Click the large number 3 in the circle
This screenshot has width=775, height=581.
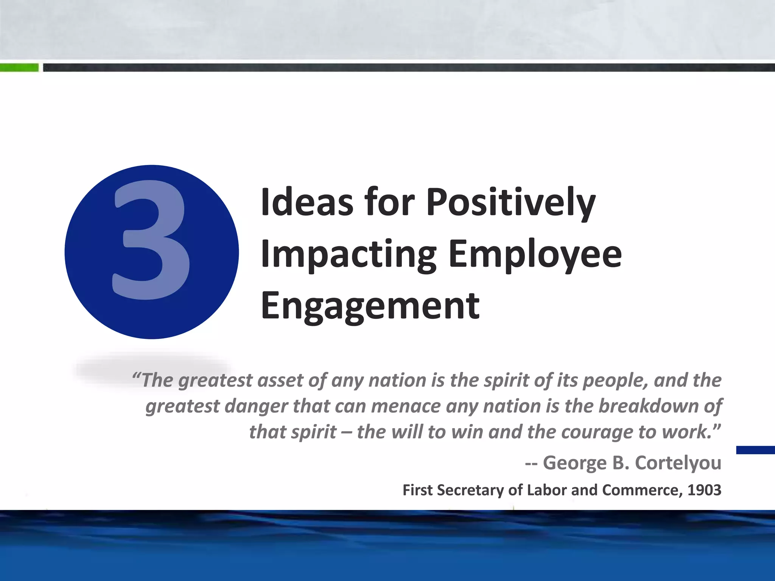(x=151, y=242)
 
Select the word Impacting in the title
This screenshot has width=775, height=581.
(x=349, y=254)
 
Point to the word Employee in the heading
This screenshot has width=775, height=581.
(x=535, y=254)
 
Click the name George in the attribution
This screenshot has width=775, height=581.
(x=575, y=463)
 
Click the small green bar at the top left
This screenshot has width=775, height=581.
(x=19, y=68)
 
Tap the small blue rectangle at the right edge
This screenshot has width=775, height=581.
(x=755, y=450)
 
